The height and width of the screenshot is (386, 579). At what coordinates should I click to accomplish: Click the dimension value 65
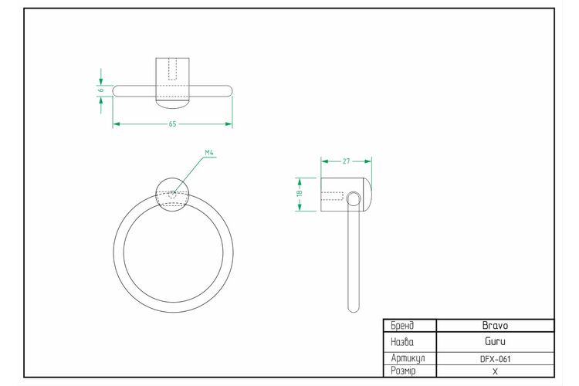tap(172, 124)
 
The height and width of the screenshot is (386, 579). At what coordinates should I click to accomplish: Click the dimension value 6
tap(101, 90)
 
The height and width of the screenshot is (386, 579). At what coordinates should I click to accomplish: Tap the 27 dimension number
tap(346, 161)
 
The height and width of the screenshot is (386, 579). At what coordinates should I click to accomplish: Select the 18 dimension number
tap(300, 192)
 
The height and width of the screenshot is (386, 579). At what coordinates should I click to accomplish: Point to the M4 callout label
tap(209, 152)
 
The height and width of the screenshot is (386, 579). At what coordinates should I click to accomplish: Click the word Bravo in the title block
tap(495, 326)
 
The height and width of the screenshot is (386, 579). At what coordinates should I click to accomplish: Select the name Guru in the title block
tap(495, 341)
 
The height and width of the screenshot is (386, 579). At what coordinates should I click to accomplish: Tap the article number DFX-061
tap(495, 359)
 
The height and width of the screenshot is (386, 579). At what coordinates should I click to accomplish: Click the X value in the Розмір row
tap(495, 371)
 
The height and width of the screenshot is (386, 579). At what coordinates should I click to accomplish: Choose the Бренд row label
tap(402, 326)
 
